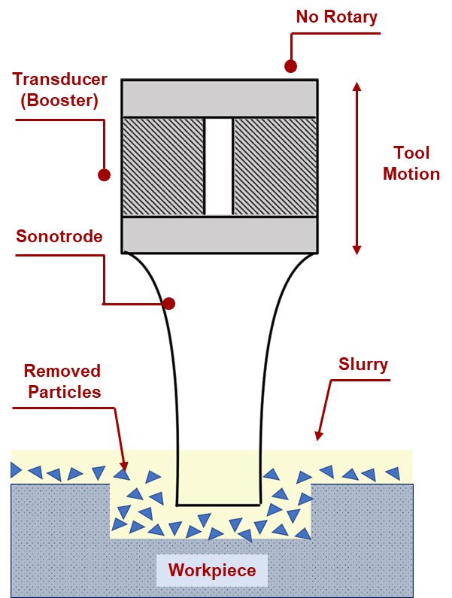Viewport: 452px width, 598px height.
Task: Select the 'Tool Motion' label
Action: click(411, 164)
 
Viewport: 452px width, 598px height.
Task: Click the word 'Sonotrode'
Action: click(59, 237)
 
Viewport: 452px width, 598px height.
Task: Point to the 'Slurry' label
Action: click(363, 366)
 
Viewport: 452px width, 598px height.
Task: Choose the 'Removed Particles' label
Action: click(62, 381)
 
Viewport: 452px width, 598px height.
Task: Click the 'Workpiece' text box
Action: click(211, 570)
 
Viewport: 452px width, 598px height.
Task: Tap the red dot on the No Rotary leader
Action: click(291, 65)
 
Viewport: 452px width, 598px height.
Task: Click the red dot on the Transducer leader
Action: click(104, 175)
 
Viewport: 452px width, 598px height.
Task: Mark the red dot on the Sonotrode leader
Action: click(169, 304)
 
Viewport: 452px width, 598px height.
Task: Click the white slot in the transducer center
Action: click(219, 165)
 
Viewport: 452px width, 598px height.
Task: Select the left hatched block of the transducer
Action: click(163, 165)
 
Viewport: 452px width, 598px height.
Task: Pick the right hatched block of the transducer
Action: click(275, 165)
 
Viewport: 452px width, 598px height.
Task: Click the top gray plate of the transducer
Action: click(219, 97)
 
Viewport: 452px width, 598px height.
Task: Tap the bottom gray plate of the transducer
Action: click(219, 234)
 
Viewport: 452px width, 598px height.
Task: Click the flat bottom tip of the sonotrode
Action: click(218, 503)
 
